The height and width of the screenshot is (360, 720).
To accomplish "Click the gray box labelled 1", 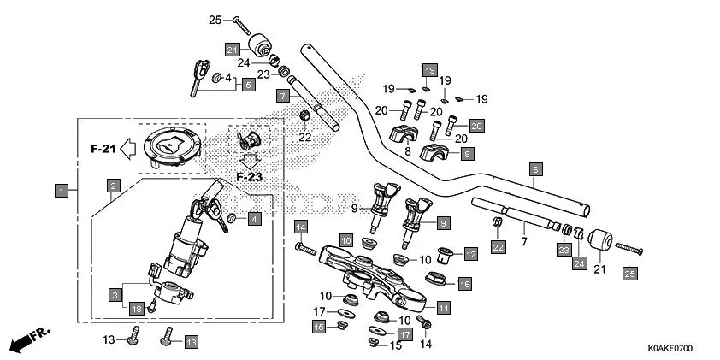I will point(62,190).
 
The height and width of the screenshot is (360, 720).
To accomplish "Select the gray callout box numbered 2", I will point(113,185).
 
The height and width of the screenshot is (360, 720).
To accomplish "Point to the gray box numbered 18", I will point(136,308).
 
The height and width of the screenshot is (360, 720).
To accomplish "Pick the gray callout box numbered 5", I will point(247,85).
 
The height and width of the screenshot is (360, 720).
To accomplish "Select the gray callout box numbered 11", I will point(443,307).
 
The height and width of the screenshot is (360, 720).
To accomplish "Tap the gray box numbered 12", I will point(471,254).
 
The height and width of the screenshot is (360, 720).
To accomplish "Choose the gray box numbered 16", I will point(464,284).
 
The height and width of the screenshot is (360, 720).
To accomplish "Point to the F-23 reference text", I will point(249,177).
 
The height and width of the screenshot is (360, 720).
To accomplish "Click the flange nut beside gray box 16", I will point(433,279).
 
